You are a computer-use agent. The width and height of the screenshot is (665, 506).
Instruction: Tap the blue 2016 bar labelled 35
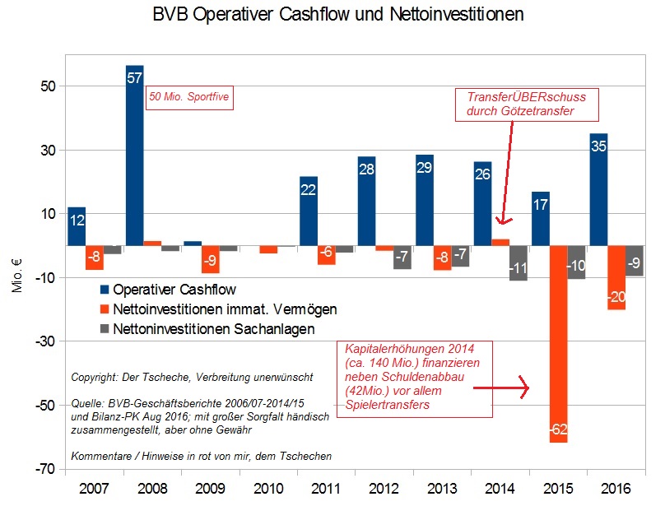pyautogui.click(x=598, y=189)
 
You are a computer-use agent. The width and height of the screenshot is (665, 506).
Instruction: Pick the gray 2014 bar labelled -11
pyautogui.click(x=519, y=263)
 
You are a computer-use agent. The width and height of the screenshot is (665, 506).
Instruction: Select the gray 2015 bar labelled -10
pyautogui.click(x=576, y=262)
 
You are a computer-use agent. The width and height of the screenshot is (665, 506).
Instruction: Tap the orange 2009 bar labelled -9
pyautogui.click(x=210, y=259)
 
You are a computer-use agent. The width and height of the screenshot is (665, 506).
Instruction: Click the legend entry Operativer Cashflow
pyautogui.click(x=175, y=290)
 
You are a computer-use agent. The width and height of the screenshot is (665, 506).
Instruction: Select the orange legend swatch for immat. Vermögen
pyautogui.click(x=105, y=309)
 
